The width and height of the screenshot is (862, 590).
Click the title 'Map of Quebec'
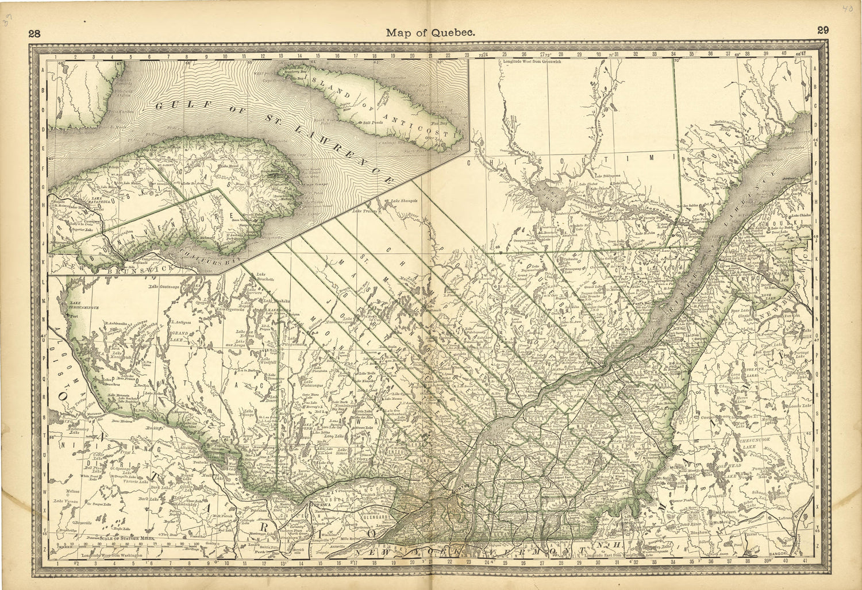point(430,33)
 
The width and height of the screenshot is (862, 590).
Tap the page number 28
point(34,33)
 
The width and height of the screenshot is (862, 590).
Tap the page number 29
point(822,31)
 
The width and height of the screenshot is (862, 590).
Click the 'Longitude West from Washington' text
point(112,556)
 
